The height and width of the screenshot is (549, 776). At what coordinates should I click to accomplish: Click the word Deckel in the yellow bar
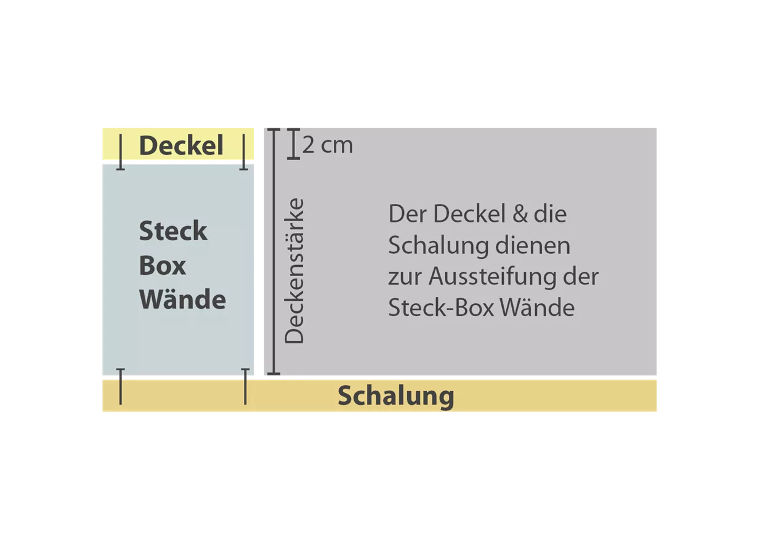(x=181, y=145)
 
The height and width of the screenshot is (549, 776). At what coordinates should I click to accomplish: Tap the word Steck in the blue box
(x=173, y=230)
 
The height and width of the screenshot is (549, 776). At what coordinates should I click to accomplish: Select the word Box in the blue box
(x=163, y=266)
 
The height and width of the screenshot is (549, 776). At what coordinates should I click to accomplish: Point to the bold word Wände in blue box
(x=182, y=298)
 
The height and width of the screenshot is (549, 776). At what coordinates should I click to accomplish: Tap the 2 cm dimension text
(x=328, y=145)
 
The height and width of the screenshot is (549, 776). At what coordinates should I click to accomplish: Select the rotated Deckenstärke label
(x=294, y=270)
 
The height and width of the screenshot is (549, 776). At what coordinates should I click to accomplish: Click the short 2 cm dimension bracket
(x=293, y=144)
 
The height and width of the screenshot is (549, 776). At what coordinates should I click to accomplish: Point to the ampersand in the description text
(x=520, y=214)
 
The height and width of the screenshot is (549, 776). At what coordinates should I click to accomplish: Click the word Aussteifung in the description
(x=493, y=277)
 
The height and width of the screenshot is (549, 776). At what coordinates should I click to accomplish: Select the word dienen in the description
(x=533, y=245)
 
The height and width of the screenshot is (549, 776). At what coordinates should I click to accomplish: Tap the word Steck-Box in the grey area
(x=441, y=307)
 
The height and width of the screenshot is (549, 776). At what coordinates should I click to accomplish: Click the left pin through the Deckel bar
(x=120, y=152)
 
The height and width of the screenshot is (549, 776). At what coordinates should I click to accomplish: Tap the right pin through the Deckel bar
(x=243, y=152)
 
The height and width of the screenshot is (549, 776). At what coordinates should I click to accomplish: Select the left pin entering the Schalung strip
(x=120, y=386)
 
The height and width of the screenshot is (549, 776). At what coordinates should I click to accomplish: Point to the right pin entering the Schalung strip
(x=245, y=386)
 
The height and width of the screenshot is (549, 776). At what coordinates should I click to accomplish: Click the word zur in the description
(x=405, y=278)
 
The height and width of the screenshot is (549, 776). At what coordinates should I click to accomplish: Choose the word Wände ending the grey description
(x=537, y=307)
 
